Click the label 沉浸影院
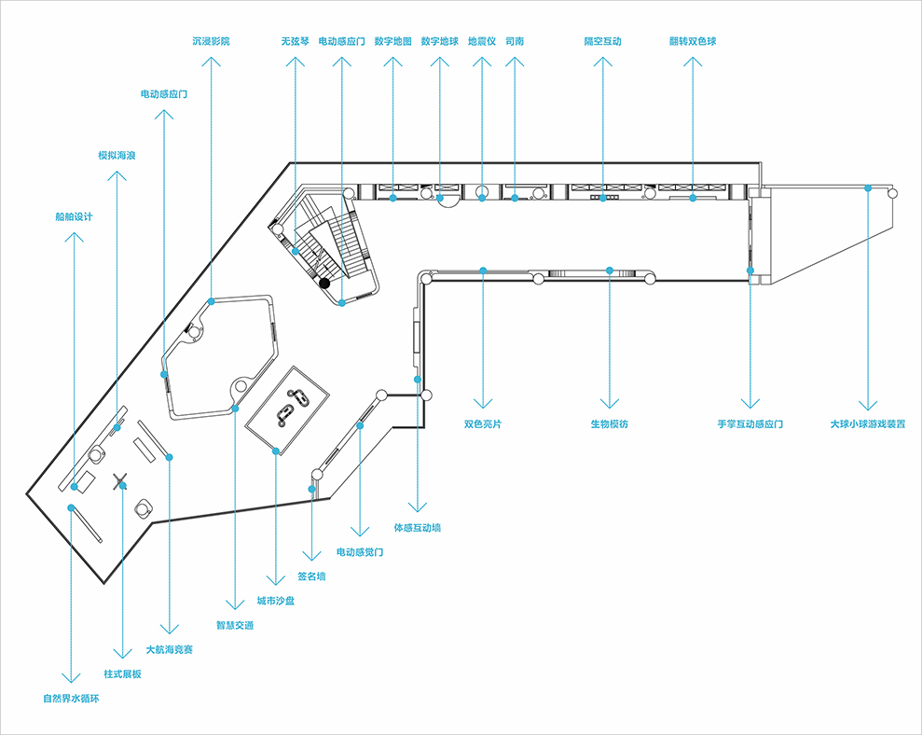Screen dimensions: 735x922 pos(211,42)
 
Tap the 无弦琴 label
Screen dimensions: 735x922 pos(295,42)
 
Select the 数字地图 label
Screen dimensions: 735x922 pos(392,42)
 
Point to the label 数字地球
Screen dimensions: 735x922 pos(439,42)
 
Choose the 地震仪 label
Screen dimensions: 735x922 pos(482,42)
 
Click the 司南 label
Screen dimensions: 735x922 pos(515,42)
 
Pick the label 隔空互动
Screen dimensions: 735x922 pos(602,42)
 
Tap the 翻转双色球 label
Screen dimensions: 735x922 pos(692,42)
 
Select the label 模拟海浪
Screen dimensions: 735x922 pos(117,156)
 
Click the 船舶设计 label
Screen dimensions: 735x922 pos(74,217)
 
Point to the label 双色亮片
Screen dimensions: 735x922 pos(483,424)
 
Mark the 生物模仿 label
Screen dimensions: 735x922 pos(609,424)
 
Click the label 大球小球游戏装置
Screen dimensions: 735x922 pos(867,423)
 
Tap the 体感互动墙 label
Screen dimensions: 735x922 pos(417,528)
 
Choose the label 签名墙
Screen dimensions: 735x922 pos(311,576)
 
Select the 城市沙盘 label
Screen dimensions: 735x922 pos(276,602)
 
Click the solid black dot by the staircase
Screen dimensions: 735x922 pos(323,282)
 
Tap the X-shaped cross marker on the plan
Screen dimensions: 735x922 pos(120,481)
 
